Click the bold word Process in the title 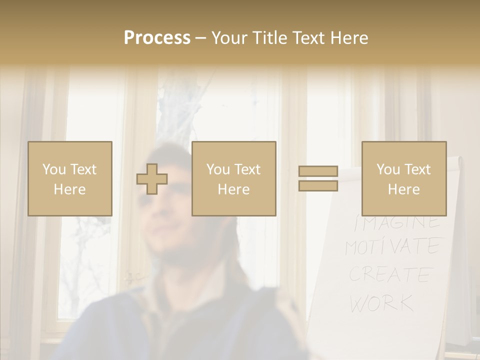(157, 38)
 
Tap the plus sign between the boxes (152, 178)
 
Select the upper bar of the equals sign (318, 171)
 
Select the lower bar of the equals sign (318, 186)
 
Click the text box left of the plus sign (69, 178)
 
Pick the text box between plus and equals (233, 178)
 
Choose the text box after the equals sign (403, 178)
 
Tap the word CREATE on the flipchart (390, 274)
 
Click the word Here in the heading (348, 38)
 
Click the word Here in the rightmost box (403, 189)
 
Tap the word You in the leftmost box (53, 169)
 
